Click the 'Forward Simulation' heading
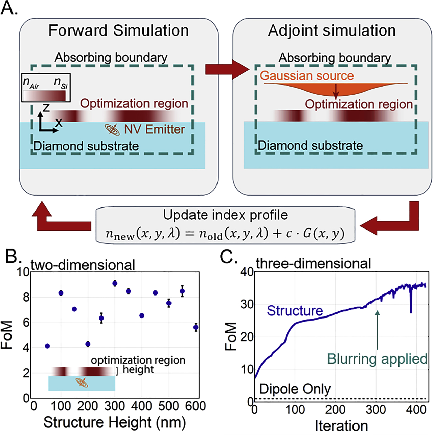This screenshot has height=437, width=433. point(118,30)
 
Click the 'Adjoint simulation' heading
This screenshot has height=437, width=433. point(332,31)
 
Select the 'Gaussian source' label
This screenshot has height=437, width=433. point(307,75)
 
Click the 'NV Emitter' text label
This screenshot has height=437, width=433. point(154,129)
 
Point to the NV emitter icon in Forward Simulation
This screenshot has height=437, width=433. point(112,129)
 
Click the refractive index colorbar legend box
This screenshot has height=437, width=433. point(46,88)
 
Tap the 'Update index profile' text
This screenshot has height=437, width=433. point(225,215)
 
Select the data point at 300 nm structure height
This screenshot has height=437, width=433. point(115,283)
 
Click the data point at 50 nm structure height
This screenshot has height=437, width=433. point(47,346)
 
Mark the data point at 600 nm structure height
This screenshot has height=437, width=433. point(196,327)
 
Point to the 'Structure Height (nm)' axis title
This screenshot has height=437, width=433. point(115,422)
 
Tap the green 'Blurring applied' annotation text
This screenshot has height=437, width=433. point(377,359)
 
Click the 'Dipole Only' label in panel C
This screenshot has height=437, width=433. point(295,389)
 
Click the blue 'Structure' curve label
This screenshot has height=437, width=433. point(295,311)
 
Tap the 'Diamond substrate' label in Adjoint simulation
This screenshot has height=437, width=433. point(310,146)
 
